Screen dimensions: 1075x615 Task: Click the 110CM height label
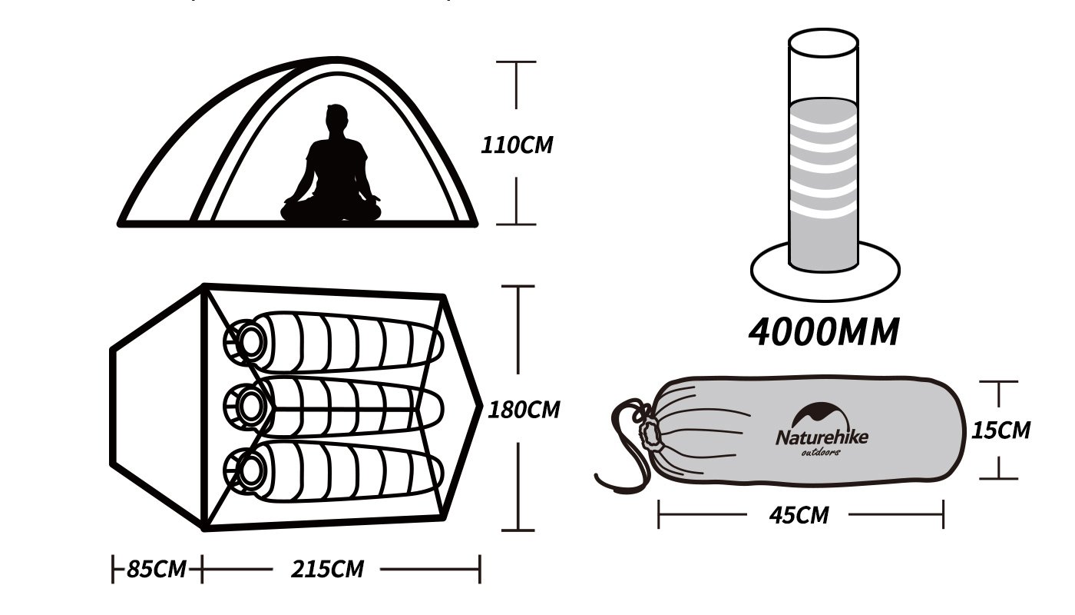(516, 145)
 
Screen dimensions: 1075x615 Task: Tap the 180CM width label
(524, 409)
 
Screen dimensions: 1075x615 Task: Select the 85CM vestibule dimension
(157, 570)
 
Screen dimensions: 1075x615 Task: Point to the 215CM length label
(327, 570)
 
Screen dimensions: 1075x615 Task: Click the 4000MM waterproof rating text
(824, 331)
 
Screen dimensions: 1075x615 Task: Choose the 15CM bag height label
(1001, 430)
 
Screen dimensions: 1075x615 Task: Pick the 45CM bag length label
(799, 514)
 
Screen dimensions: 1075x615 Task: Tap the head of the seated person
(336, 120)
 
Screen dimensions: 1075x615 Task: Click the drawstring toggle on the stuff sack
(651, 434)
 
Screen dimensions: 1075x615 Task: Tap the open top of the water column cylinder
(823, 47)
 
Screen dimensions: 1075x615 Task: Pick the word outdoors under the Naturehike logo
(821, 452)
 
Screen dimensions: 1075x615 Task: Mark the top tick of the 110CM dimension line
(515, 62)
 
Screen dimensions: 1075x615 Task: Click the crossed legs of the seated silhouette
(331, 209)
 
